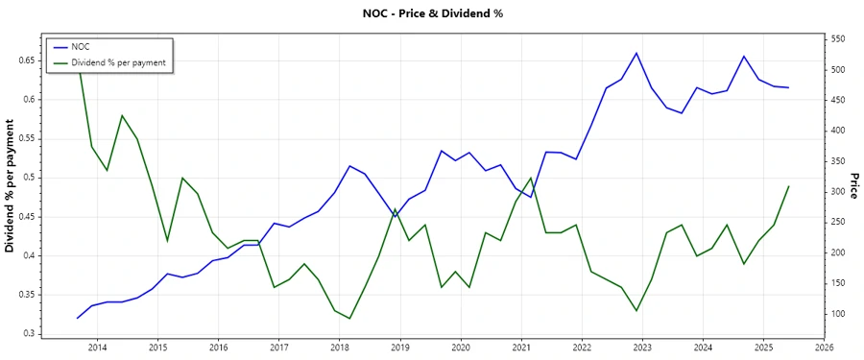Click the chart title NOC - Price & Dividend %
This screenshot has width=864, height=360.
point(431,13)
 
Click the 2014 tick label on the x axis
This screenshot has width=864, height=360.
point(97,347)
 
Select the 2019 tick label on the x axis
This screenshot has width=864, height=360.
point(400,347)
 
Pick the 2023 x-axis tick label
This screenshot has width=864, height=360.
point(642,347)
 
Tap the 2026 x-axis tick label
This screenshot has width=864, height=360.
point(824,347)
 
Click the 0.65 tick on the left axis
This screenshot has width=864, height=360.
point(26,60)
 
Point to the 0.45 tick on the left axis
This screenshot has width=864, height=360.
point(26,217)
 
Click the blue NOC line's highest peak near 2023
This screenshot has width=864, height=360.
point(636,53)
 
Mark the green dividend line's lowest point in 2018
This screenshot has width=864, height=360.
point(349,319)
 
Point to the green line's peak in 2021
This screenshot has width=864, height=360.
point(531,178)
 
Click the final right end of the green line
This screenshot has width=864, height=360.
point(788,186)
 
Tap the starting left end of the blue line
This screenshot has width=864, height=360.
point(77,318)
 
